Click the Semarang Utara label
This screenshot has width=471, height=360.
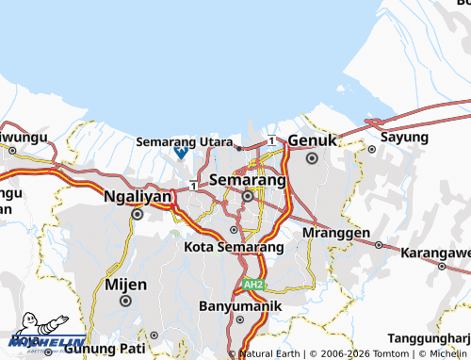click(185, 141)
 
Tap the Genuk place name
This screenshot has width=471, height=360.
click(312, 140)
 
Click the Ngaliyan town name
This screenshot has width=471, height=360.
click(138, 197)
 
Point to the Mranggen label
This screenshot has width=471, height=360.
click(335, 232)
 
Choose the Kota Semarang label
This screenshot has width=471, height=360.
click(234, 247)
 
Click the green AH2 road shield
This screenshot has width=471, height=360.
click(252, 284)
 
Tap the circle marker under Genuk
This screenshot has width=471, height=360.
click(312, 157)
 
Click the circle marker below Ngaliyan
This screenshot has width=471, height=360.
click(138, 214)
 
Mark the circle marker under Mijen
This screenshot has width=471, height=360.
click(126, 301)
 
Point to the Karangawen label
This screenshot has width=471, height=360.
click(435, 254)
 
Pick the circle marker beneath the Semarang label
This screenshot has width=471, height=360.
click(248, 196)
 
